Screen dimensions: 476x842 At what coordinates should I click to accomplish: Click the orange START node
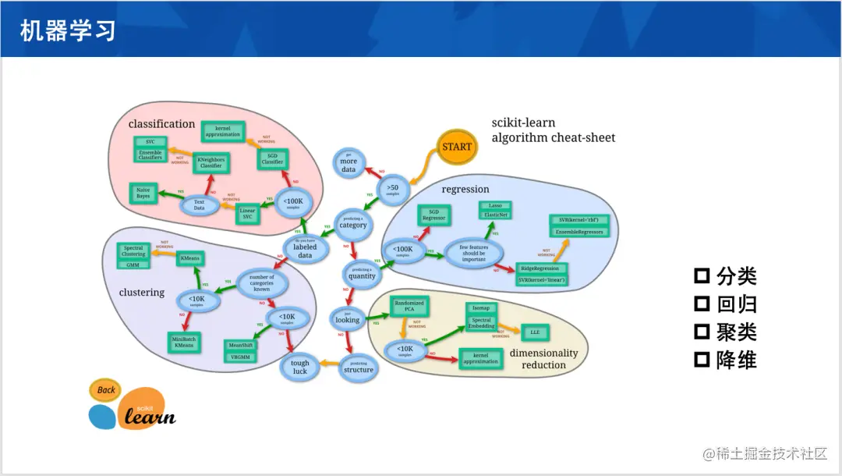point(457,146)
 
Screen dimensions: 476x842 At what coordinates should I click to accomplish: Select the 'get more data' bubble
point(348,165)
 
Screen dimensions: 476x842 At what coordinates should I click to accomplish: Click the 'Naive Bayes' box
point(143,193)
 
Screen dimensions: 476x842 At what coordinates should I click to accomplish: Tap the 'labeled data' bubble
point(306,250)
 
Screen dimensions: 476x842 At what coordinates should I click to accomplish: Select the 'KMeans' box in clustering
point(189,258)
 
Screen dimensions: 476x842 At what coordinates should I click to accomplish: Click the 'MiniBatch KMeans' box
point(185,341)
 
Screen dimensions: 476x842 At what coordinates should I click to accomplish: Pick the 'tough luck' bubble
point(300,367)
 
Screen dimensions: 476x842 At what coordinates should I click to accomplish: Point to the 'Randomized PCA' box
point(409,305)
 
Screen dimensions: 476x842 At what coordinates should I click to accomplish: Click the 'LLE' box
point(535,332)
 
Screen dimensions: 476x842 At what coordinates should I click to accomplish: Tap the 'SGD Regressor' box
point(434,215)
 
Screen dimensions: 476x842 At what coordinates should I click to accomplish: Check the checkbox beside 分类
point(702,275)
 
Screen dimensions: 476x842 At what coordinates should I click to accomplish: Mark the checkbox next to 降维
point(702,360)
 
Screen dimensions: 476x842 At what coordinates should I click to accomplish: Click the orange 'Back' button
point(106,389)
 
